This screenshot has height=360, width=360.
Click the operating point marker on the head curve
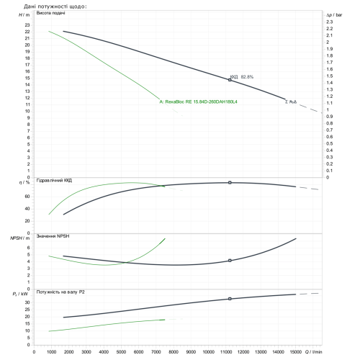pyautogui.click(x=230, y=80)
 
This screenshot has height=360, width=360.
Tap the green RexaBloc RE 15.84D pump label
pyautogui.click(x=198, y=102)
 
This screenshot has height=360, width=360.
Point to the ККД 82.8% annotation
pyautogui.click(x=242, y=77)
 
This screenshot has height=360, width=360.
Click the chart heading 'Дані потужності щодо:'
pyautogui.click(x=55, y=6)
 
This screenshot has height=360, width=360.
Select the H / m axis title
pyautogui.click(x=24, y=15)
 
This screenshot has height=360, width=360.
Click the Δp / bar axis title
pyautogui.click(x=334, y=15)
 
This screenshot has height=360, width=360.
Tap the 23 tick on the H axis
pyautogui.click(x=27, y=25)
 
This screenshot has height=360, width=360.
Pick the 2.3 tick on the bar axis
pyautogui.click(x=330, y=22)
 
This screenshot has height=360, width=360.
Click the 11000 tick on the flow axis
pyautogui.click(x=226, y=352)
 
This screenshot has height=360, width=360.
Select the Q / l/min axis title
pyautogui.click(x=313, y=352)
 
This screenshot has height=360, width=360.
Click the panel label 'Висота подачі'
pyautogui.click(x=50, y=13)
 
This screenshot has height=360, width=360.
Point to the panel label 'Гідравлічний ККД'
pyautogui.click(x=54, y=180)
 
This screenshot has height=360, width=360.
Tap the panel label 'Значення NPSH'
pyautogui.click(x=53, y=236)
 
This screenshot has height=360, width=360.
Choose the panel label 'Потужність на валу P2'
pyautogui.click(x=60, y=292)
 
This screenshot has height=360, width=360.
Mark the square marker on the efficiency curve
pyautogui.click(x=230, y=183)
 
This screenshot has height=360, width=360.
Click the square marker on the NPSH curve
pyautogui.click(x=230, y=261)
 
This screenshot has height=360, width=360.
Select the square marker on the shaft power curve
pyautogui.click(x=230, y=299)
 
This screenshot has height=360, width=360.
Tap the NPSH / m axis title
pyautogui.click(x=20, y=238)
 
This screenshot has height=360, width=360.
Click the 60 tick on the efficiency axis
pyautogui.click(x=27, y=197)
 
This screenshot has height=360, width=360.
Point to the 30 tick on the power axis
pyautogui.click(x=27, y=302)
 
